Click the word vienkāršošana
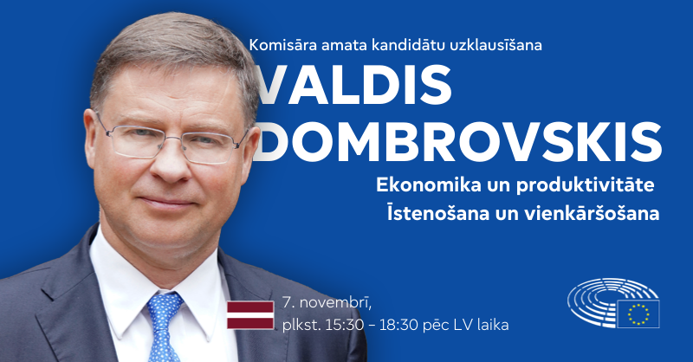(593, 213)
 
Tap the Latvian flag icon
(250, 314)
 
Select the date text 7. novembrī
(321, 304)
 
